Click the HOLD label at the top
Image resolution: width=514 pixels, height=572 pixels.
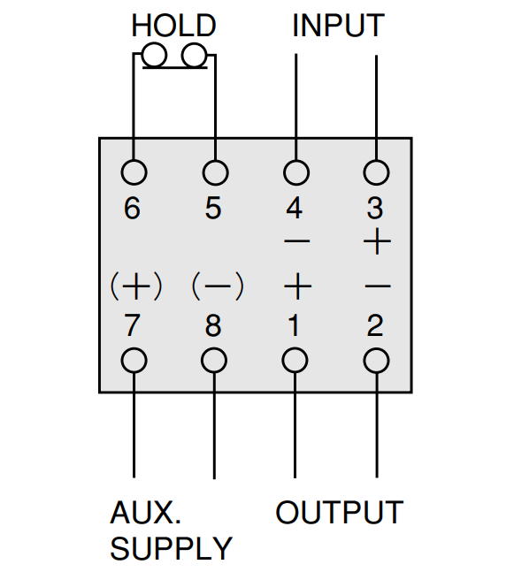[x=173, y=25]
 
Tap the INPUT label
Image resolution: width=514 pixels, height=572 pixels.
[x=339, y=25]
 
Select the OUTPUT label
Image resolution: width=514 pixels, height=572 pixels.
[x=340, y=512]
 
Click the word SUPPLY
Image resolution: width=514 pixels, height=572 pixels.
[x=171, y=548]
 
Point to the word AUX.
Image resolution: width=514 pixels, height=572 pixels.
[x=145, y=512]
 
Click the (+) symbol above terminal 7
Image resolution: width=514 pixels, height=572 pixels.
[x=136, y=286]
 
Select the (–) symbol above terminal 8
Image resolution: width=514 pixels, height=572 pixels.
[x=218, y=286]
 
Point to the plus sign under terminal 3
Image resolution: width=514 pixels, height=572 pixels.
[x=377, y=241]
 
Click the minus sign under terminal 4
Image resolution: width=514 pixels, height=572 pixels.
[x=296, y=241]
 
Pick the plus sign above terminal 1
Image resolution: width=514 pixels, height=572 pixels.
[x=298, y=286]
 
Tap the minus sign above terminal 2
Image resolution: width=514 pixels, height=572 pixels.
[x=378, y=286]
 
